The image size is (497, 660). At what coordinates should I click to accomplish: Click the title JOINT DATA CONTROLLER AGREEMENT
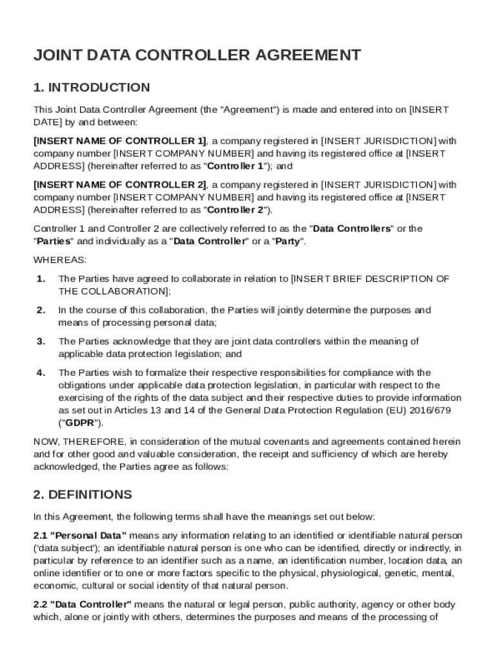tap(197, 55)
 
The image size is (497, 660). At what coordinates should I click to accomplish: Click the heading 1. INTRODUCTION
tap(92, 88)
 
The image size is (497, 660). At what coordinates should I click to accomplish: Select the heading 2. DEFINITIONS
tap(83, 495)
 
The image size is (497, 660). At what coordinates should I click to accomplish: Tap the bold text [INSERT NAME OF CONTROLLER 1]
tap(120, 141)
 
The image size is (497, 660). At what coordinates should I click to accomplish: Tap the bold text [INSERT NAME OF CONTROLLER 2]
tap(120, 185)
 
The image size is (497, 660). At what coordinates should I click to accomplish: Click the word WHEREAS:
tap(59, 260)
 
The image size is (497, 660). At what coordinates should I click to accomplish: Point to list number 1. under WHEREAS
tap(41, 279)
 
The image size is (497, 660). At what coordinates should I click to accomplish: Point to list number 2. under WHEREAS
tap(41, 310)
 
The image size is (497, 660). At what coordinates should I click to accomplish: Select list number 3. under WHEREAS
tap(41, 342)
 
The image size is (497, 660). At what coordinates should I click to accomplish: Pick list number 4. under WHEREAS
tap(41, 373)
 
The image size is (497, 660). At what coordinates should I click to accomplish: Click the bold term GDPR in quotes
tap(81, 423)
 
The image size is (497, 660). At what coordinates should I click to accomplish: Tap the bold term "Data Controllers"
tap(352, 229)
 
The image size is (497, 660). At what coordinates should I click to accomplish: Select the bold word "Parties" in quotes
tap(54, 242)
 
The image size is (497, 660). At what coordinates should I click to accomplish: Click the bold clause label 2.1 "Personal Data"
tap(80, 536)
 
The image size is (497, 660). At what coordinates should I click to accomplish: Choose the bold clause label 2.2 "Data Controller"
tap(83, 605)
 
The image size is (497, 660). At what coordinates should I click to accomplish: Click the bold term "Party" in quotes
tap(288, 242)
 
